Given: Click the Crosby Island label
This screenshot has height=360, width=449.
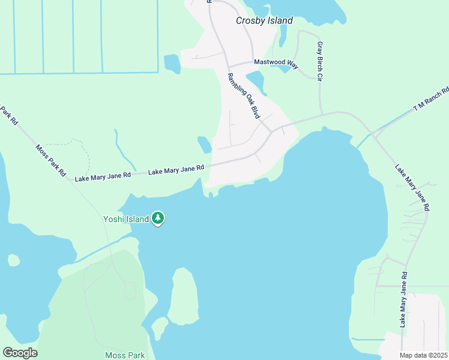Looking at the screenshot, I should coord(264,21).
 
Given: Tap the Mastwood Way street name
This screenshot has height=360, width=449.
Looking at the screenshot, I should coord(276,62).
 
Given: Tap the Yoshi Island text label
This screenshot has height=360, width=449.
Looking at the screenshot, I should coord(125,219).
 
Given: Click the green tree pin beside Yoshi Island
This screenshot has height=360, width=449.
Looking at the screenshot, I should coord(158,218).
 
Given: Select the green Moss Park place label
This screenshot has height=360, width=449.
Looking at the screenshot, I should coord(125,355).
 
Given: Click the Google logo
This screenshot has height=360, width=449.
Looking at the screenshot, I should coord(20,353).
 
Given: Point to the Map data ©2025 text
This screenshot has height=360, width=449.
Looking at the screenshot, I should coord(424,355).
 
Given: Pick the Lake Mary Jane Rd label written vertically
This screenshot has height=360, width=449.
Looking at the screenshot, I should coord(404,299).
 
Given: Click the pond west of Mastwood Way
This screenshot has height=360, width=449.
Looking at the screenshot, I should coord(172,63).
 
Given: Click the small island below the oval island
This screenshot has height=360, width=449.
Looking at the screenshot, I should coord(160,328).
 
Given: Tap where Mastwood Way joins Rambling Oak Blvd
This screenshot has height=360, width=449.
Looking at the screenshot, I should coord(228,65).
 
